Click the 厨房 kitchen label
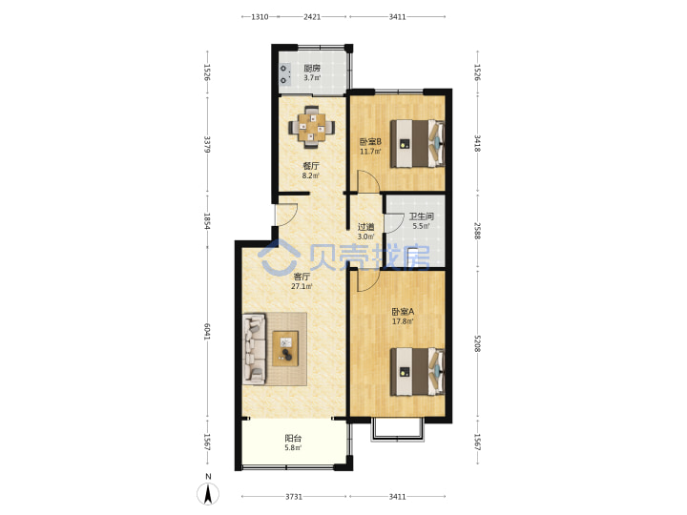[x=312, y=68]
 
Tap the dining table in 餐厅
[x=311, y=128]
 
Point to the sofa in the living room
[x=255, y=349]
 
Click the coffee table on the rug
[x=285, y=348]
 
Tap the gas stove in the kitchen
[x=284, y=74]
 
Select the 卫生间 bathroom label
[x=422, y=216]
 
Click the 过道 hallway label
[x=365, y=227]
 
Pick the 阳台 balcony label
[x=293, y=438]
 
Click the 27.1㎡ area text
[x=302, y=286]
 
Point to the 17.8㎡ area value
[x=403, y=321]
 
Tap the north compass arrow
[x=208, y=494]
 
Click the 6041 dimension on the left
[x=207, y=332]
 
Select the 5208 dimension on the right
[x=478, y=343]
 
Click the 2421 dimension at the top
[x=312, y=16]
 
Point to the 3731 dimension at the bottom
[x=294, y=497]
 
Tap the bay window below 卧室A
[x=398, y=431]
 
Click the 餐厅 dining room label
[x=311, y=166]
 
